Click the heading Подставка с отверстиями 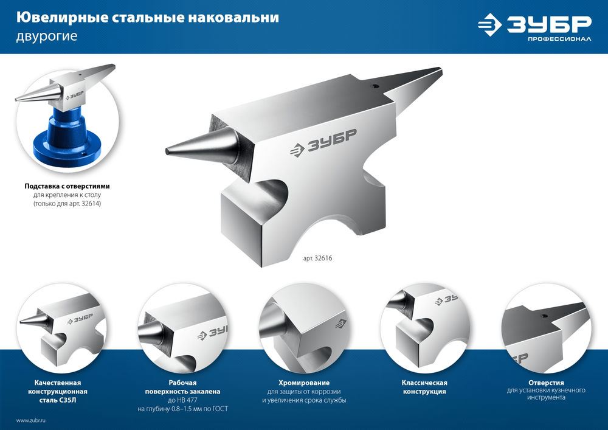click(67, 186)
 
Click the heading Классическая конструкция click(424, 387)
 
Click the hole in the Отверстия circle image click(545, 316)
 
